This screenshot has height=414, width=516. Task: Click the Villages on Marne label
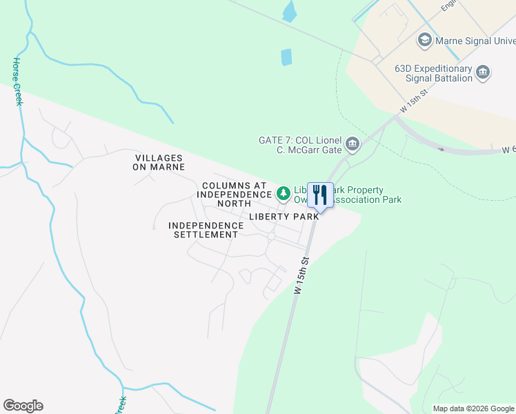tap(159, 162)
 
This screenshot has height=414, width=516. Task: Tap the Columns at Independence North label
tap(234, 195)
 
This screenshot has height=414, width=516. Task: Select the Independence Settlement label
tap(203, 230)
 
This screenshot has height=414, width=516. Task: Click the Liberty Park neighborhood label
tap(284, 216)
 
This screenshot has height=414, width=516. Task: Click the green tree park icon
tap(283, 193)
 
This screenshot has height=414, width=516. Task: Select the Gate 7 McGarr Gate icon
tap(353, 144)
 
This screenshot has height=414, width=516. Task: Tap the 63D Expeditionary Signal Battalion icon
tap(483, 72)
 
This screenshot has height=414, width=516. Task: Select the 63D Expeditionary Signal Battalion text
tap(433, 73)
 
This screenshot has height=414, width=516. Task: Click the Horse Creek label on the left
tap(17, 81)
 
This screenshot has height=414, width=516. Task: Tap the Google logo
tap(23, 406)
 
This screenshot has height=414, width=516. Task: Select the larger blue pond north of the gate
tap(286, 57)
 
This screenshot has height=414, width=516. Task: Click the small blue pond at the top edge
tap(290, 10)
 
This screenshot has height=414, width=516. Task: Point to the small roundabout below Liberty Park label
tap(272, 237)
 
